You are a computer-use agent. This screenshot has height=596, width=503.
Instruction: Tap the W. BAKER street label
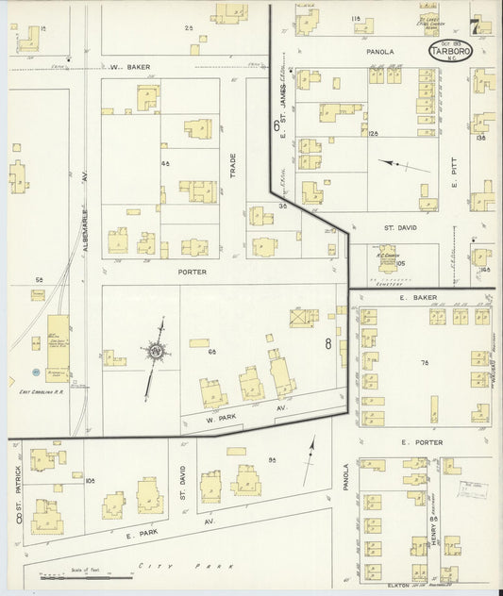coord(128,67)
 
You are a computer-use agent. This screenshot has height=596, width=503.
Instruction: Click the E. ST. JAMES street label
coord(282,104)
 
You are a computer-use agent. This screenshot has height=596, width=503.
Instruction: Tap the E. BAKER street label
coord(415,297)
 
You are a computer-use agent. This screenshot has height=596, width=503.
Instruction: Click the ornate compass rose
coord(155,353)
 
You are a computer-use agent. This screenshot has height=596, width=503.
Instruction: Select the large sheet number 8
coord(328,344)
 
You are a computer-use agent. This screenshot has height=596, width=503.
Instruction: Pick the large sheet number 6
coord(277,125)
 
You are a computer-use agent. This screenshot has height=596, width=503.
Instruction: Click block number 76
coord(425,362)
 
